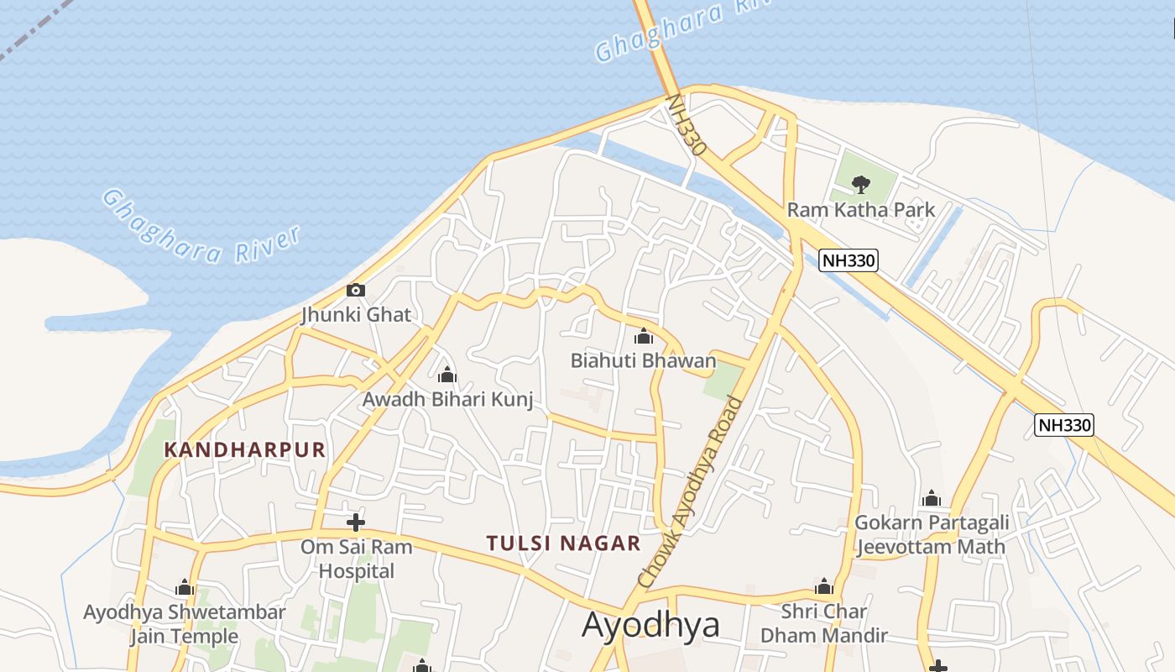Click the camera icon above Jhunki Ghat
click(x=356, y=291)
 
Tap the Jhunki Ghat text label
click(x=356, y=315)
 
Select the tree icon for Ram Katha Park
click(x=860, y=184)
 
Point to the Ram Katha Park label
click(x=860, y=209)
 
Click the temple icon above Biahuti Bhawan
click(x=644, y=337)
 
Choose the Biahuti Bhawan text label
click(x=643, y=361)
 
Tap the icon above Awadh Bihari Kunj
click(x=447, y=375)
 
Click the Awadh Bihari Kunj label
click(x=447, y=399)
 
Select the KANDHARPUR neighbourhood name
click(x=245, y=449)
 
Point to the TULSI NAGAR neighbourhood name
click(x=563, y=543)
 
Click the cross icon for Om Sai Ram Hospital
click(x=356, y=522)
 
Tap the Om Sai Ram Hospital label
click(x=357, y=559)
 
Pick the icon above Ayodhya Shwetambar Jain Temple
click(x=185, y=587)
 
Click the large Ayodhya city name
click(x=650, y=626)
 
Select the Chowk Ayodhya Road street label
click(x=690, y=492)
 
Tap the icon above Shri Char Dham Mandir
click(x=823, y=586)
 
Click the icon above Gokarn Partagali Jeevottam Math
click(x=931, y=498)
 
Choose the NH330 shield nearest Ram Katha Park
click(x=848, y=260)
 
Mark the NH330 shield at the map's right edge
click(x=1063, y=425)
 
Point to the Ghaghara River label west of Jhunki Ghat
click(x=201, y=227)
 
